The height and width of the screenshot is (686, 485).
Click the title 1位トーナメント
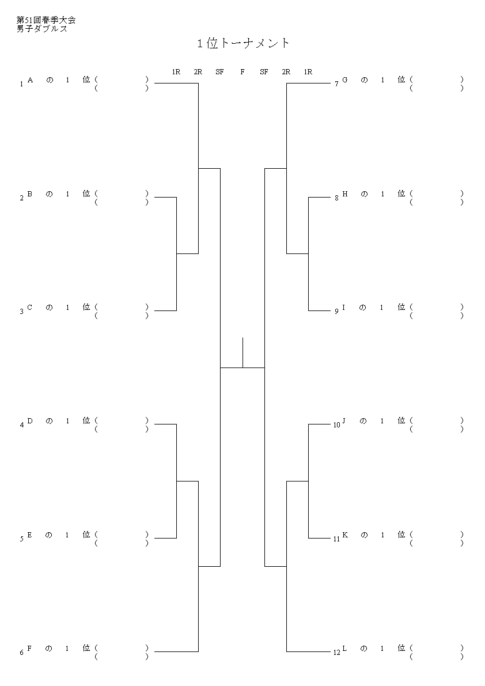pyautogui.click(x=243, y=43)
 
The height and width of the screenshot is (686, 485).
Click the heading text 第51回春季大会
pyautogui.click(x=46, y=20)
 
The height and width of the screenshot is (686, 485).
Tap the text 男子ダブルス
pyautogui.click(x=42, y=29)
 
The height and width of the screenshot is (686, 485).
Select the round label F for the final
pyautogui.click(x=242, y=72)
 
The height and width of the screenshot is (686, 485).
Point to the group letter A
pyautogui.click(x=30, y=79)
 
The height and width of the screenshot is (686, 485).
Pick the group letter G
pyautogui.click(x=344, y=79)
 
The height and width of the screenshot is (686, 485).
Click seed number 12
pyautogui.click(x=337, y=653)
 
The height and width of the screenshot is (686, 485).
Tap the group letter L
pyautogui.click(x=344, y=648)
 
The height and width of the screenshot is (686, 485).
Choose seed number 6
pyautogui.click(x=21, y=653)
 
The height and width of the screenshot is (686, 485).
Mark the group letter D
pyautogui.click(x=30, y=420)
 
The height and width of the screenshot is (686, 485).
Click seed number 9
pyautogui.click(x=337, y=312)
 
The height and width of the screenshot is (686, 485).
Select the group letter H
pyautogui.click(x=344, y=194)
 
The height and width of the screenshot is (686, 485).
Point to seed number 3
pyautogui.click(x=21, y=312)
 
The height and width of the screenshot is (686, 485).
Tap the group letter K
pyautogui.click(x=344, y=535)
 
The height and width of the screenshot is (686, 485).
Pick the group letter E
pyautogui.click(x=30, y=535)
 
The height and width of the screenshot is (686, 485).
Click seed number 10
pyautogui.click(x=337, y=425)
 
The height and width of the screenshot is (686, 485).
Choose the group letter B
pyautogui.click(x=30, y=194)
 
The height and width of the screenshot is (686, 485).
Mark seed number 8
pyautogui.click(x=337, y=198)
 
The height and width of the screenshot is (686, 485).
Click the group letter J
pyautogui.click(x=344, y=420)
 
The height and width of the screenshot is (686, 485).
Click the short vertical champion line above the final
pyautogui.click(x=242, y=353)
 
